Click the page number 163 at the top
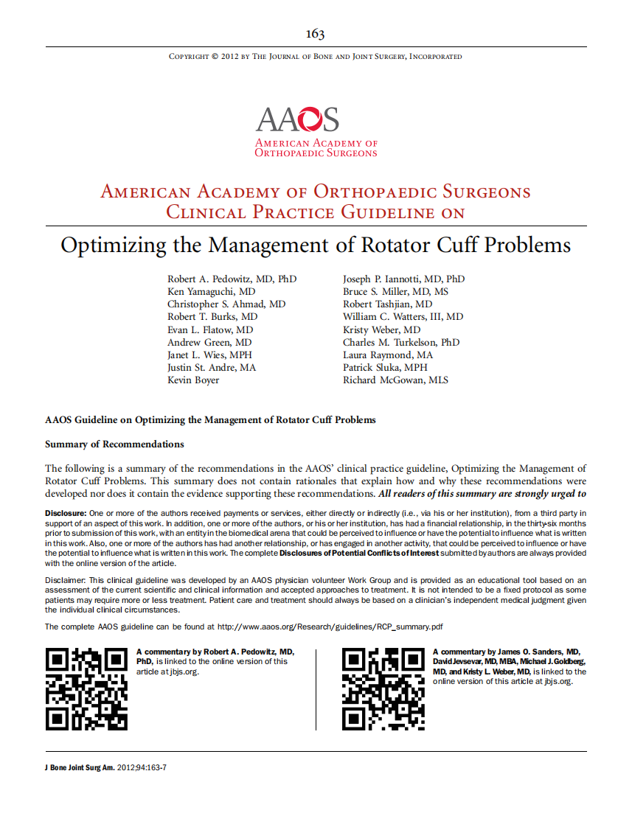(315, 34)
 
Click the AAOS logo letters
(297, 119)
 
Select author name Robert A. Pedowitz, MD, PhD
(232, 279)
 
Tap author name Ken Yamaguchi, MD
(211, 292)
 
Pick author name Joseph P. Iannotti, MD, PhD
(403, 279)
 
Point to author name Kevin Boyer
(193, 380)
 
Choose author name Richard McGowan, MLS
(395, 380)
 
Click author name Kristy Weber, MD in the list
(381, 329)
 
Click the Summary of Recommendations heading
(114, 444)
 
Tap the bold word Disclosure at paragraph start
(66, 512)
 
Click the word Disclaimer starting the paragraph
(66, 580)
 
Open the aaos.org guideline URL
(330, 627)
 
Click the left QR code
(87, 689)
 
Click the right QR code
(384, 689)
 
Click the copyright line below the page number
(315, 57)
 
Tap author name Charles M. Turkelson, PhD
(400, 342)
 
